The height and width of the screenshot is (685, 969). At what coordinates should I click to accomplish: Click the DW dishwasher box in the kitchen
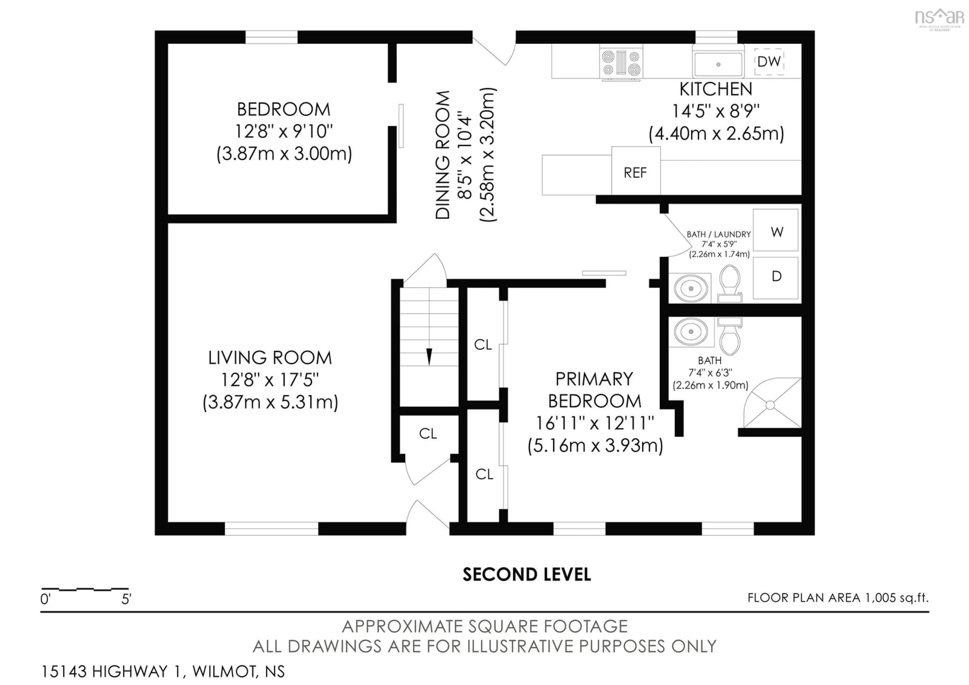pos(769,62)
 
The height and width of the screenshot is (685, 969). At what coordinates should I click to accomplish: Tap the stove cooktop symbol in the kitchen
pos(621,63)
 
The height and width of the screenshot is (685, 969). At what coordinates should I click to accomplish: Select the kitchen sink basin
pos(718,64)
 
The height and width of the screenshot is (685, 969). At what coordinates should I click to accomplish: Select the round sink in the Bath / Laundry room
pos(691,288)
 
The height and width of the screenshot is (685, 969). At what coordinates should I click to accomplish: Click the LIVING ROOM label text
pos(270,358)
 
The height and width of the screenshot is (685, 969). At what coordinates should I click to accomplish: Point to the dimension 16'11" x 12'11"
pos(595,423)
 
